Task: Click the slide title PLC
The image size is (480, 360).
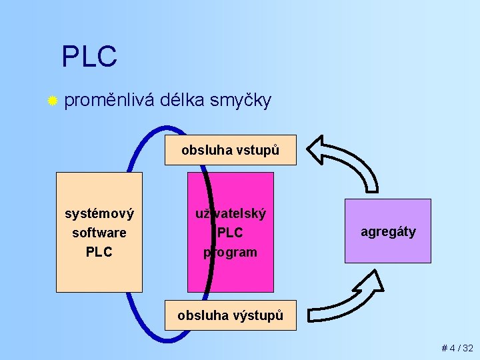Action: point(89,57)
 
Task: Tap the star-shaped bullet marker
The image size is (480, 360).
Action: point(52,101)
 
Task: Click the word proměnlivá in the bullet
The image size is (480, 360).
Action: point(110,101)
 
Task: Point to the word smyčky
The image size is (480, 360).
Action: point(240,101)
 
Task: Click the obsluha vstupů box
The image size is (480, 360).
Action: point(230,151)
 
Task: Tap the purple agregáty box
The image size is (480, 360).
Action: point(388,231)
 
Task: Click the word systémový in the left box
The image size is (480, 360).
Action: point(99,214)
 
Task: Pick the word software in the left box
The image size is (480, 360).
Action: point(99,233)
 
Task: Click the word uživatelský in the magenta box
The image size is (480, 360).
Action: point(230,214)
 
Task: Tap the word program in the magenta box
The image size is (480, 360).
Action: point(230,252)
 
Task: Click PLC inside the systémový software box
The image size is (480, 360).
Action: point(99,252)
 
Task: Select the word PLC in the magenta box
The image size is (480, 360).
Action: point(231,233)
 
